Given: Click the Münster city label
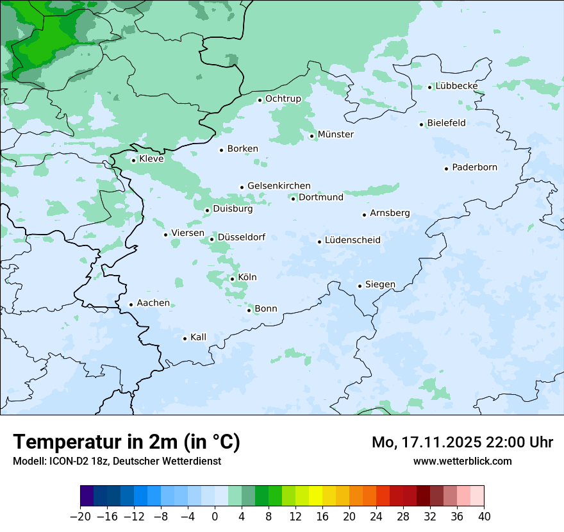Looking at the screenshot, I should coord(335,135).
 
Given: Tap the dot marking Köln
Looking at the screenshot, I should coord(232,279).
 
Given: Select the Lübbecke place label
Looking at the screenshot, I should coord(456,86).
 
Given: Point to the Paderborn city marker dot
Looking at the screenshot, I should coord(446,169).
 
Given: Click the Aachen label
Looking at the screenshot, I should coord(153,303).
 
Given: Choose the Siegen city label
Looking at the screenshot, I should coord(380,285).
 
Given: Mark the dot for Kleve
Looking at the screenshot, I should coord(133,160).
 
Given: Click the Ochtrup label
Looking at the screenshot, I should coord(283,99).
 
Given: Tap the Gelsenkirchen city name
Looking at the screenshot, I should coord(279,186).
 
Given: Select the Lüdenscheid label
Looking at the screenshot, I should coord(352,240).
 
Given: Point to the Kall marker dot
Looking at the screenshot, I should coord(185,338).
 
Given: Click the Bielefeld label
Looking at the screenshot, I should coord(446,123).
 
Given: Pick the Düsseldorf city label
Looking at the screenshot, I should coord(242,237).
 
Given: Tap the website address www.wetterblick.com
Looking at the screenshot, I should coord(462,461).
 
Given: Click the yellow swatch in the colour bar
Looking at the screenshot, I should coord(315,496).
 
